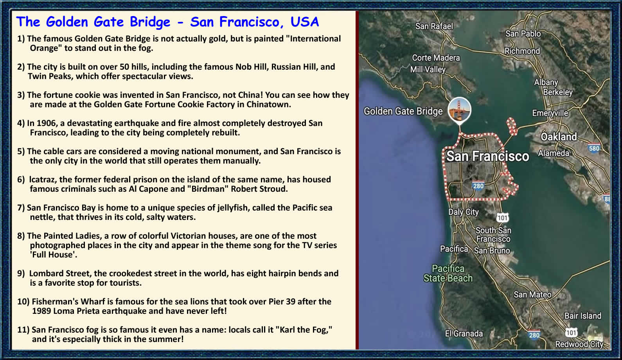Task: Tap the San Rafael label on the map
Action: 434,26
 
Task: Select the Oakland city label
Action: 559,137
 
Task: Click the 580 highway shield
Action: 594,148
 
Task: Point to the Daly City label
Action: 464,212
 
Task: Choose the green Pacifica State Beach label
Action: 448,274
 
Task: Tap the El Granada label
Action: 464,333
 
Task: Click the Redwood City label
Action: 579,344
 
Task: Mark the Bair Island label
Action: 583,316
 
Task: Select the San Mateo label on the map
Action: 532,294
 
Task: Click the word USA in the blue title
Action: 305,22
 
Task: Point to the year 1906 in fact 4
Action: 46,123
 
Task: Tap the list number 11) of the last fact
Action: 23,330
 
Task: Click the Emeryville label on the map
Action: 550,113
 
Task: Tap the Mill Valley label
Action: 428,69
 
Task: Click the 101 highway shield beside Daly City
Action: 502,218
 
